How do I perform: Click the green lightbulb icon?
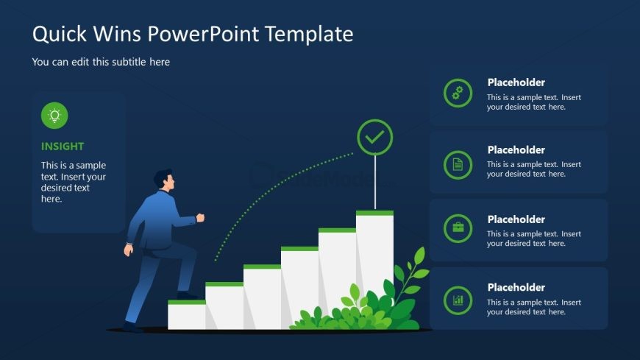point(54,116)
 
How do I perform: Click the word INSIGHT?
point(63,147)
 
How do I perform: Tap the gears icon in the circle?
point(458,93)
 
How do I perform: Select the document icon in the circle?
point(458,165)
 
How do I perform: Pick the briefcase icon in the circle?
point(458,228)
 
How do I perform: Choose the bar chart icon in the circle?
point(458,300)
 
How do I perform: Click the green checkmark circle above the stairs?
point(374,137)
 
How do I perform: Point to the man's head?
point(164,180)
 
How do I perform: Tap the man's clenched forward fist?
point(200,217)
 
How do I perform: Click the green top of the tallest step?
point(374,213)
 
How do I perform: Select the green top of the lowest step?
point(187,303)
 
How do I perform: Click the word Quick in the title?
point(60,34)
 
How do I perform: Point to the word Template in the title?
point(309,34)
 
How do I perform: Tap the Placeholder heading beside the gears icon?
point(516,82)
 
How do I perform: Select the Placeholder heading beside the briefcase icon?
point(516,219)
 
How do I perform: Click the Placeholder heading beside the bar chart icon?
point(516,288)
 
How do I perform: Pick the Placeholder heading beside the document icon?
point(516,150)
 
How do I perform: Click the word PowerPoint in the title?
point(203,34)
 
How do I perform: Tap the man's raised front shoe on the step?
point(188,295)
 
